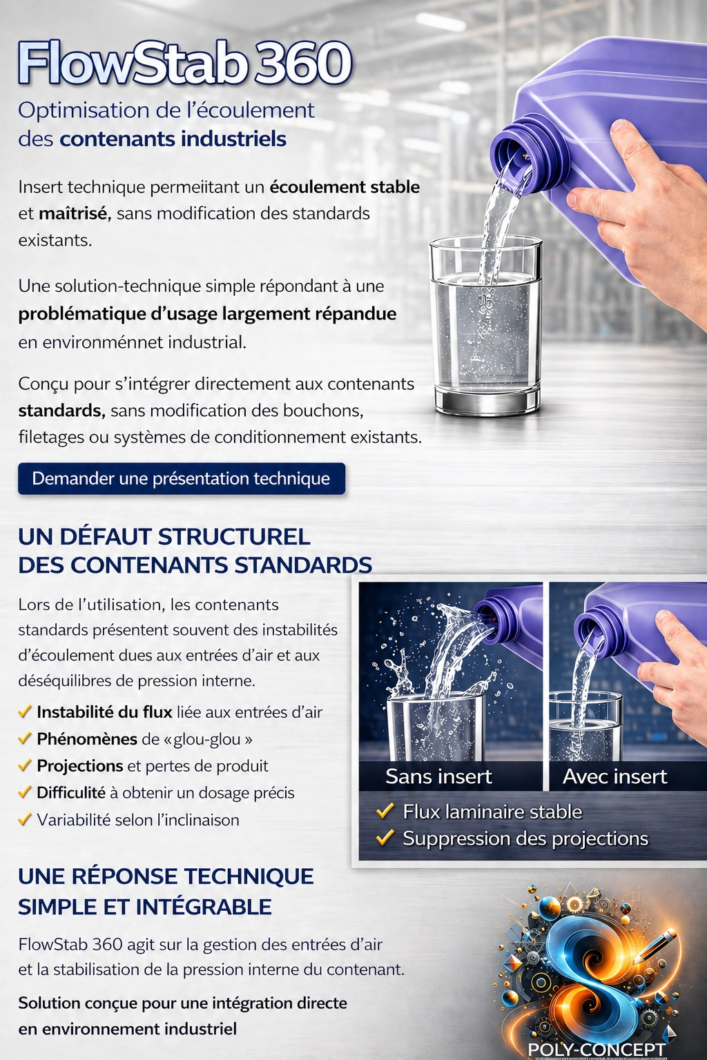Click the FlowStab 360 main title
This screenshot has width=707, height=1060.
[x=185, y=63]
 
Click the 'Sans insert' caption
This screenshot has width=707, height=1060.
[x=438, y=776]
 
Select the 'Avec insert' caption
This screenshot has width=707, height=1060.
[x=614, y=776]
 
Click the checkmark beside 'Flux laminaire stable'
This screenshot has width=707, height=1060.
[x=385, y=811]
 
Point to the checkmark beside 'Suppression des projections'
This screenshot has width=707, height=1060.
[x=385, y=838]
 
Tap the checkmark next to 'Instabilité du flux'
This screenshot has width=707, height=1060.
[x=25, y=711]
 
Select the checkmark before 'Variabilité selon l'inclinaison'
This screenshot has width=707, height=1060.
[x=25, y=820]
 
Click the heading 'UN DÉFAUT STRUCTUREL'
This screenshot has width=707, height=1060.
[x=164, y=536]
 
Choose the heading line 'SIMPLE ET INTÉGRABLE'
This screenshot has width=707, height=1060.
[x=144, y=906]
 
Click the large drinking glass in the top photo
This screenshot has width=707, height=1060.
[x=486, y=324]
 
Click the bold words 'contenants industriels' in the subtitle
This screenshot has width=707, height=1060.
[x=173, y=139]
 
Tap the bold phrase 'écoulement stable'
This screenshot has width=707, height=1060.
[x=344, y=187]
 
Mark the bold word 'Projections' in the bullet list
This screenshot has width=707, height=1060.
[x=79, y=765]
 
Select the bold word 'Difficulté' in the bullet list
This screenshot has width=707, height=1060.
[x=70, y=793]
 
